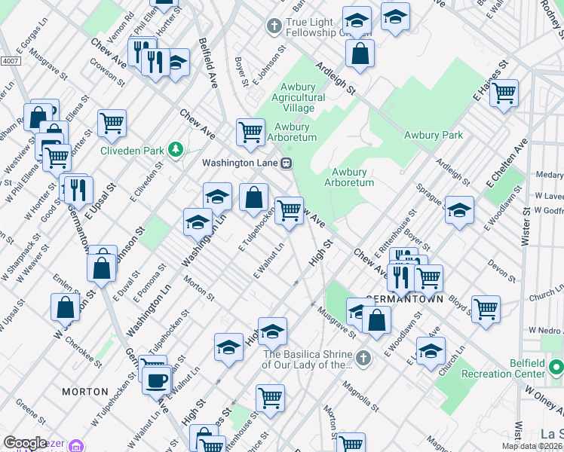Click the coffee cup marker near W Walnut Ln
point(157,380)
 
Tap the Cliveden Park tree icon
point(176,150)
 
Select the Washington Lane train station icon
point(287,163)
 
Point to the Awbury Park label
point(433,136)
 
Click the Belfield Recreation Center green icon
point(556,368)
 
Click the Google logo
point(26,443)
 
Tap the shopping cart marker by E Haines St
point(504,93)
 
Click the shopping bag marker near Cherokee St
point(66,306)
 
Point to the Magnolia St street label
point(357,390)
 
